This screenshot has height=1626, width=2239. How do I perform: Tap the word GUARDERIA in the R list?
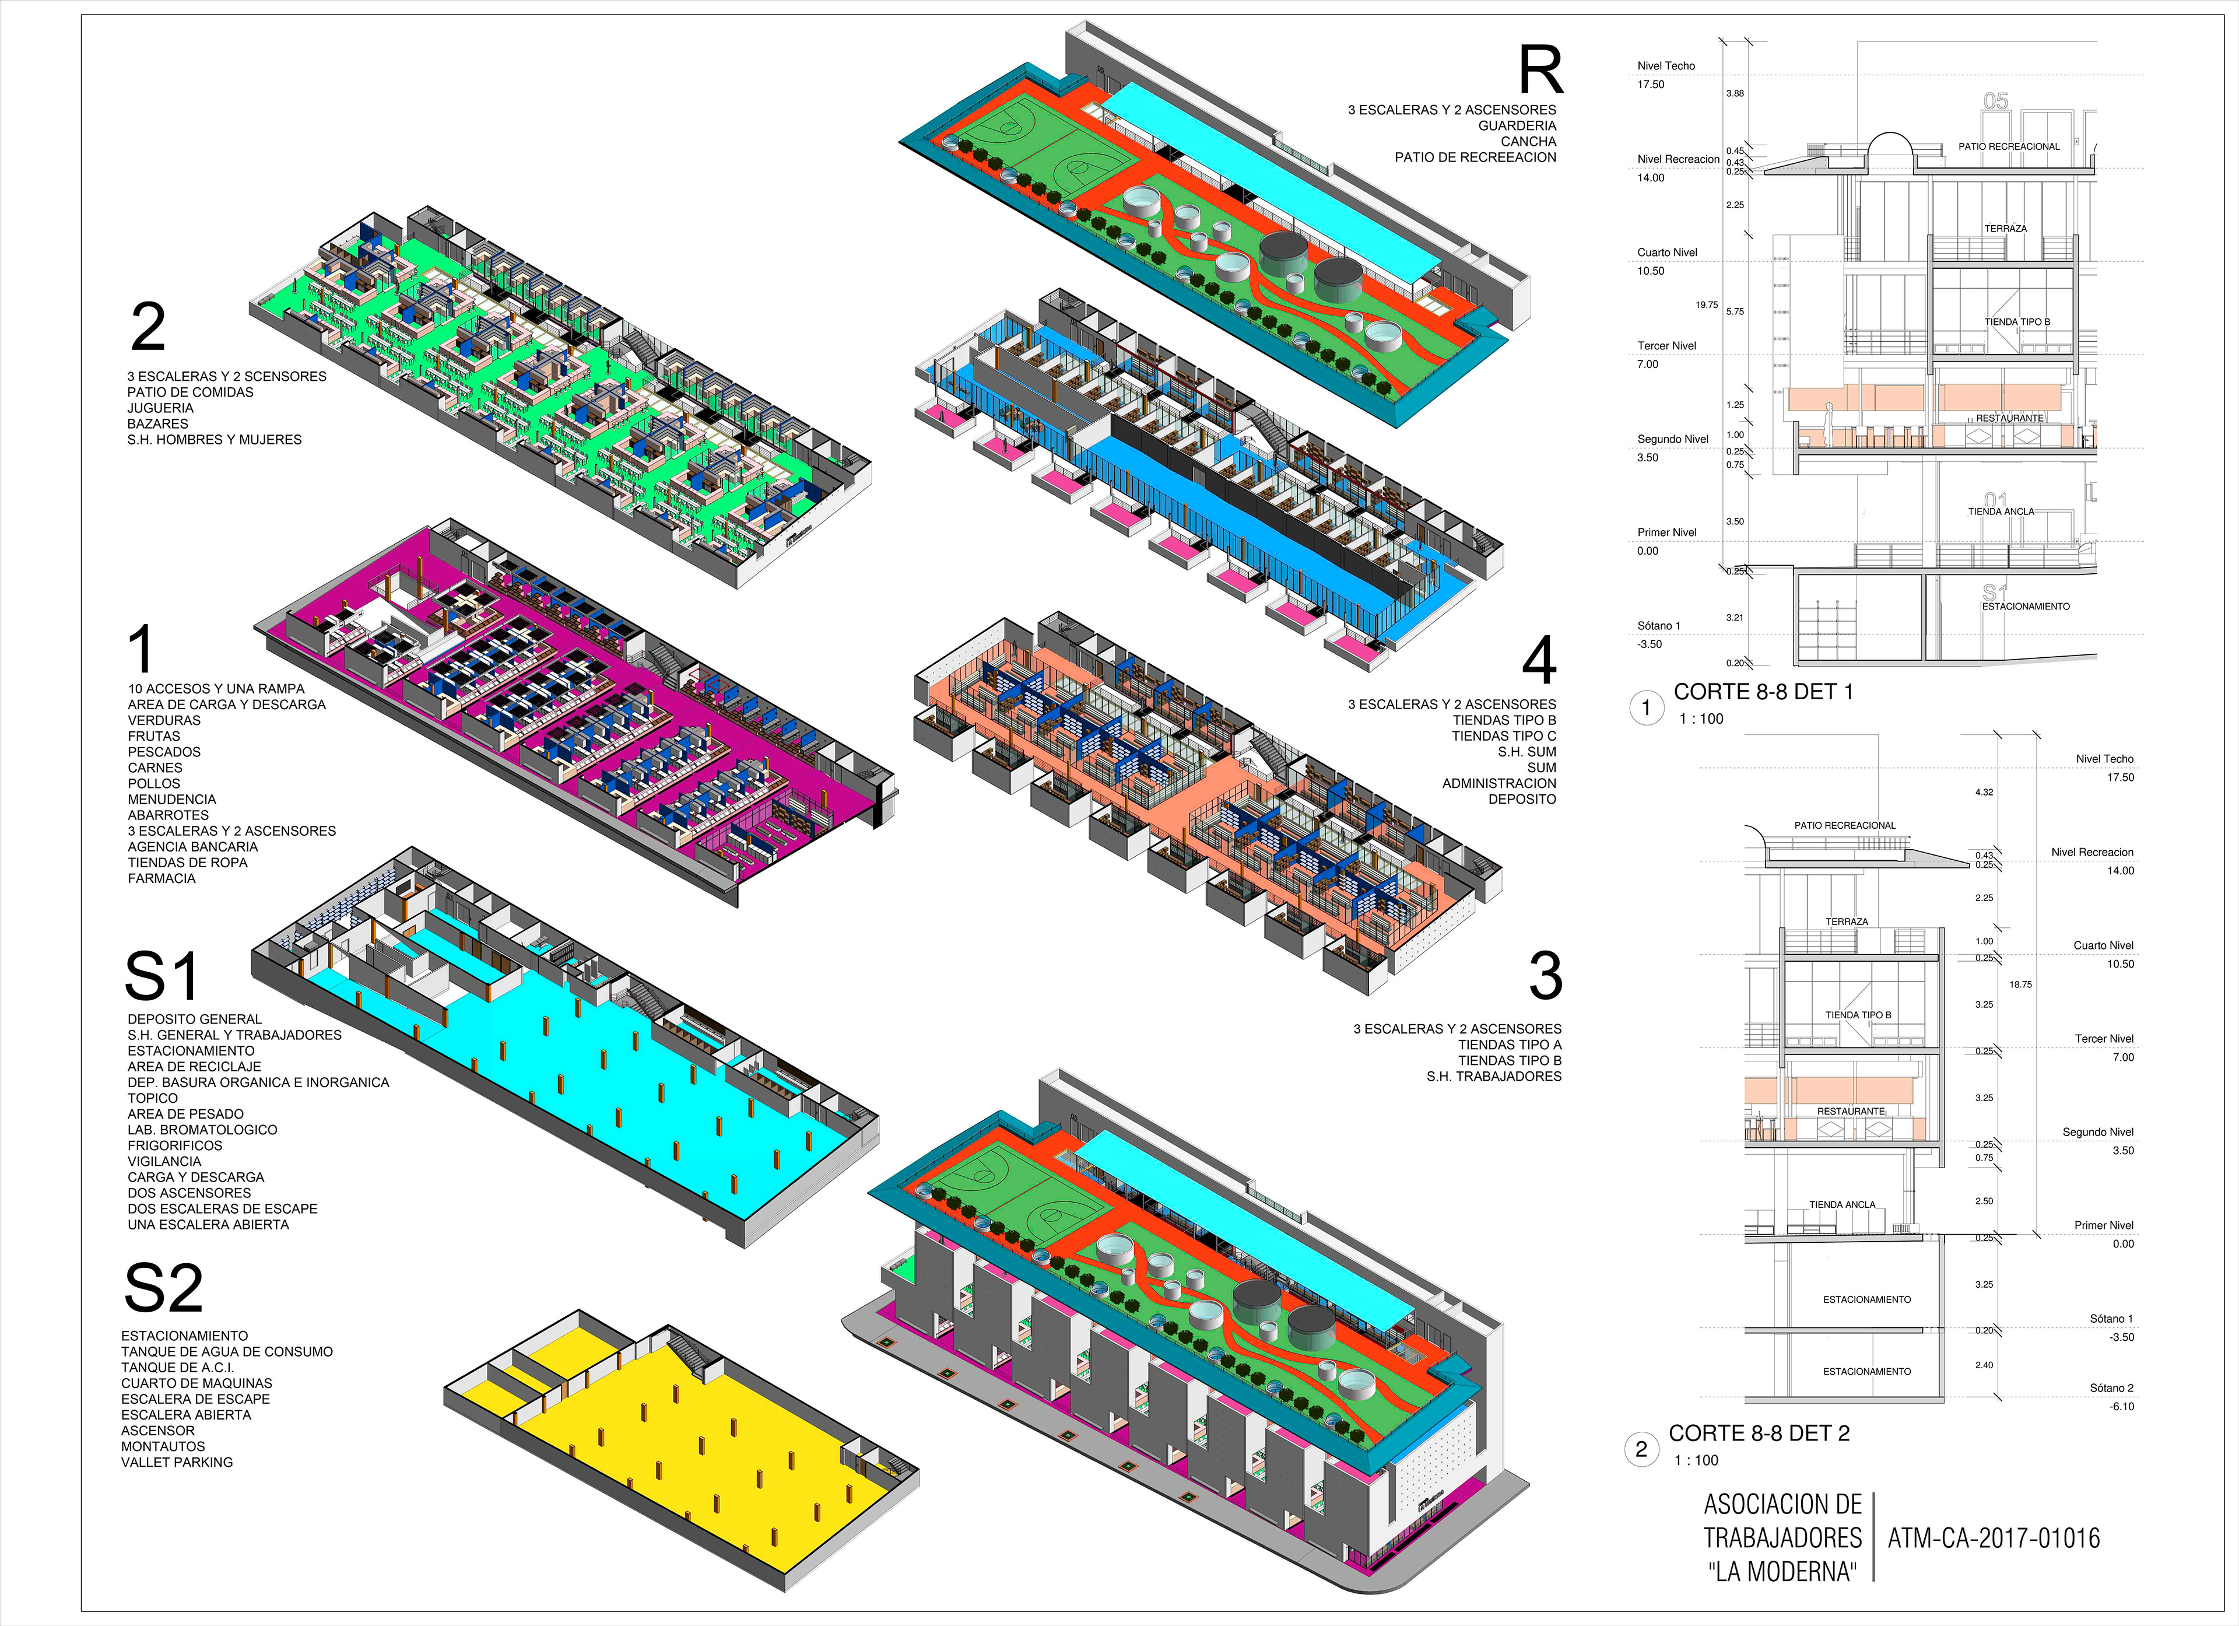(x=1517, y=125)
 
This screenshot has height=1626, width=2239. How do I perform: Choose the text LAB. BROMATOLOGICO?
(x=202, y=1130)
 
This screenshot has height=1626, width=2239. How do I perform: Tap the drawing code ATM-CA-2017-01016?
(x=1993, y=1538)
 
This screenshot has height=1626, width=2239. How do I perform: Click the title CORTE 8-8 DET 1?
(x=1763, y=692)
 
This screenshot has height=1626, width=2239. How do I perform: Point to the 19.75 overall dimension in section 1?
(x=1707, y=305)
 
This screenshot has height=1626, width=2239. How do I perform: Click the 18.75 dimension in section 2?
(x=2021, y=984)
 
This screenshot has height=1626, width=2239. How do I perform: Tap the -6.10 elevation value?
(x=2122, y=1407)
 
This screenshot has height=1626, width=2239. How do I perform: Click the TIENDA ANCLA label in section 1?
(x=2001, y=511)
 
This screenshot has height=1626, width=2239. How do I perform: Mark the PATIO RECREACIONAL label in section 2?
(x=1845, y=825)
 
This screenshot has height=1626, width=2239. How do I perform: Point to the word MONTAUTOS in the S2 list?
(x=163, y=1446)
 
